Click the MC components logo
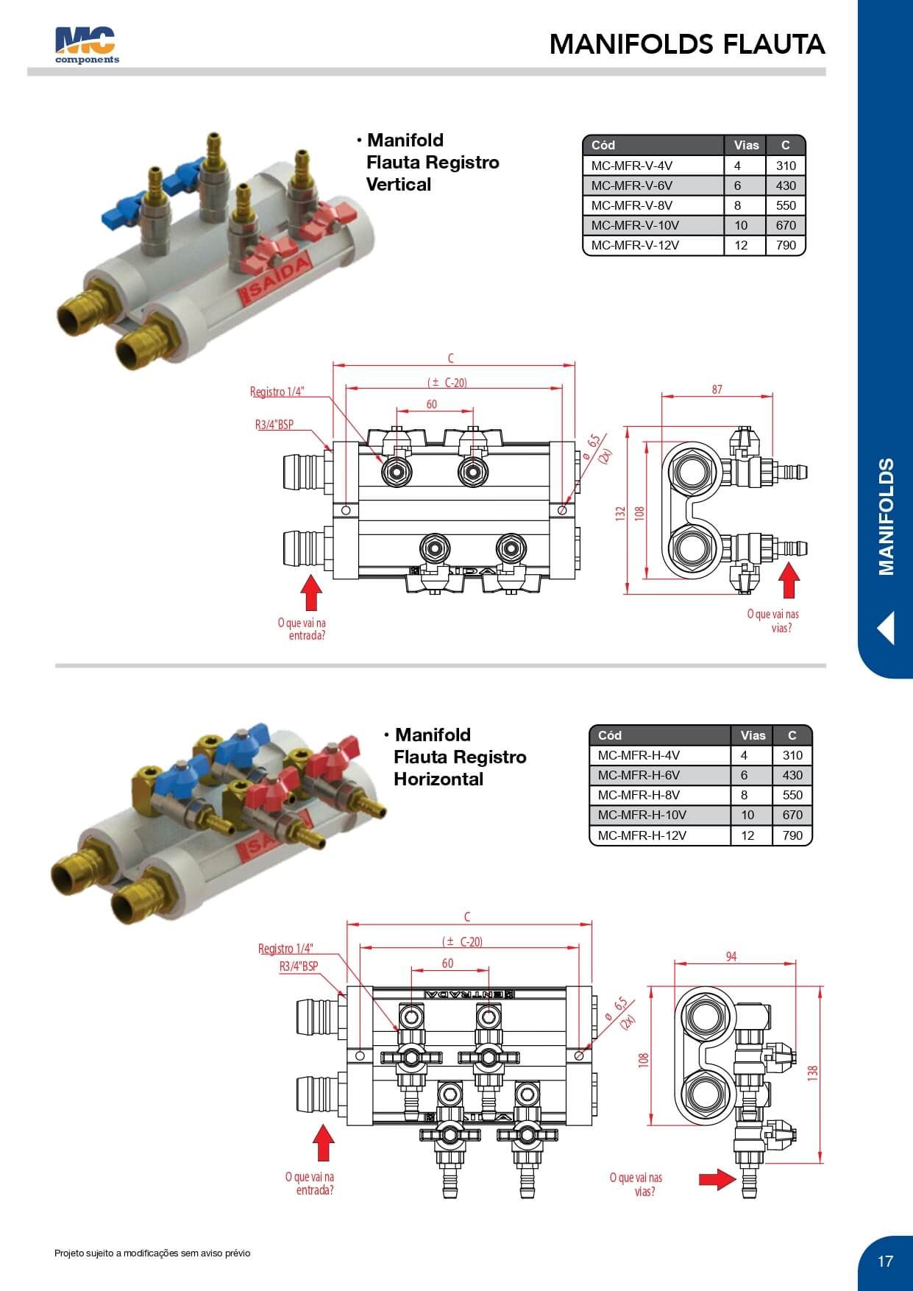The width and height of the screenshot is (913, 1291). (86, 45)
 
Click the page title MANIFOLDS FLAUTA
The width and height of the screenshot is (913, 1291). (686, 44)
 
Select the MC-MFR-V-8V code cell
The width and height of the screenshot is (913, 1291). (632, 205)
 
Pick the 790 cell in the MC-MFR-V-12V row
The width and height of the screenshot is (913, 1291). (786, 245)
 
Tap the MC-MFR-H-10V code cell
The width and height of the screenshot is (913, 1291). (642, 815)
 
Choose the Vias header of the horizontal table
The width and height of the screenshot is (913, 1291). (753, 735)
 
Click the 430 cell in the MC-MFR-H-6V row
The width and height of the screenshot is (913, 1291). (792, 775)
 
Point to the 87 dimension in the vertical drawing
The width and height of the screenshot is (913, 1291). (717, 389)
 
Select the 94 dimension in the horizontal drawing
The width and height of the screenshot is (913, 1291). (731, 956)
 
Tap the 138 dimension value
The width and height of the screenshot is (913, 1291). (813, 1072)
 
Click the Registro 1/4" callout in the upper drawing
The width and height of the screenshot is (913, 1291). (277, 392)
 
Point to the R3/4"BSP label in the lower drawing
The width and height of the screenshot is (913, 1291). (299, 966)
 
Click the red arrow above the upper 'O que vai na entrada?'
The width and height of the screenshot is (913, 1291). (311, 593)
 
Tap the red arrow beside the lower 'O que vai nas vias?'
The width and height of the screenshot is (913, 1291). (716, 1179)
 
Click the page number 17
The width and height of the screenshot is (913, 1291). (885, 1261)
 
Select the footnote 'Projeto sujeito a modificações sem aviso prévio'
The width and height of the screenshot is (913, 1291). (152, 1253)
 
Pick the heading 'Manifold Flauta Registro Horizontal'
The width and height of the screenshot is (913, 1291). (460, 757)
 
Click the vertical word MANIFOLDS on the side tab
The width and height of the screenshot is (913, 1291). (886, 516)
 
